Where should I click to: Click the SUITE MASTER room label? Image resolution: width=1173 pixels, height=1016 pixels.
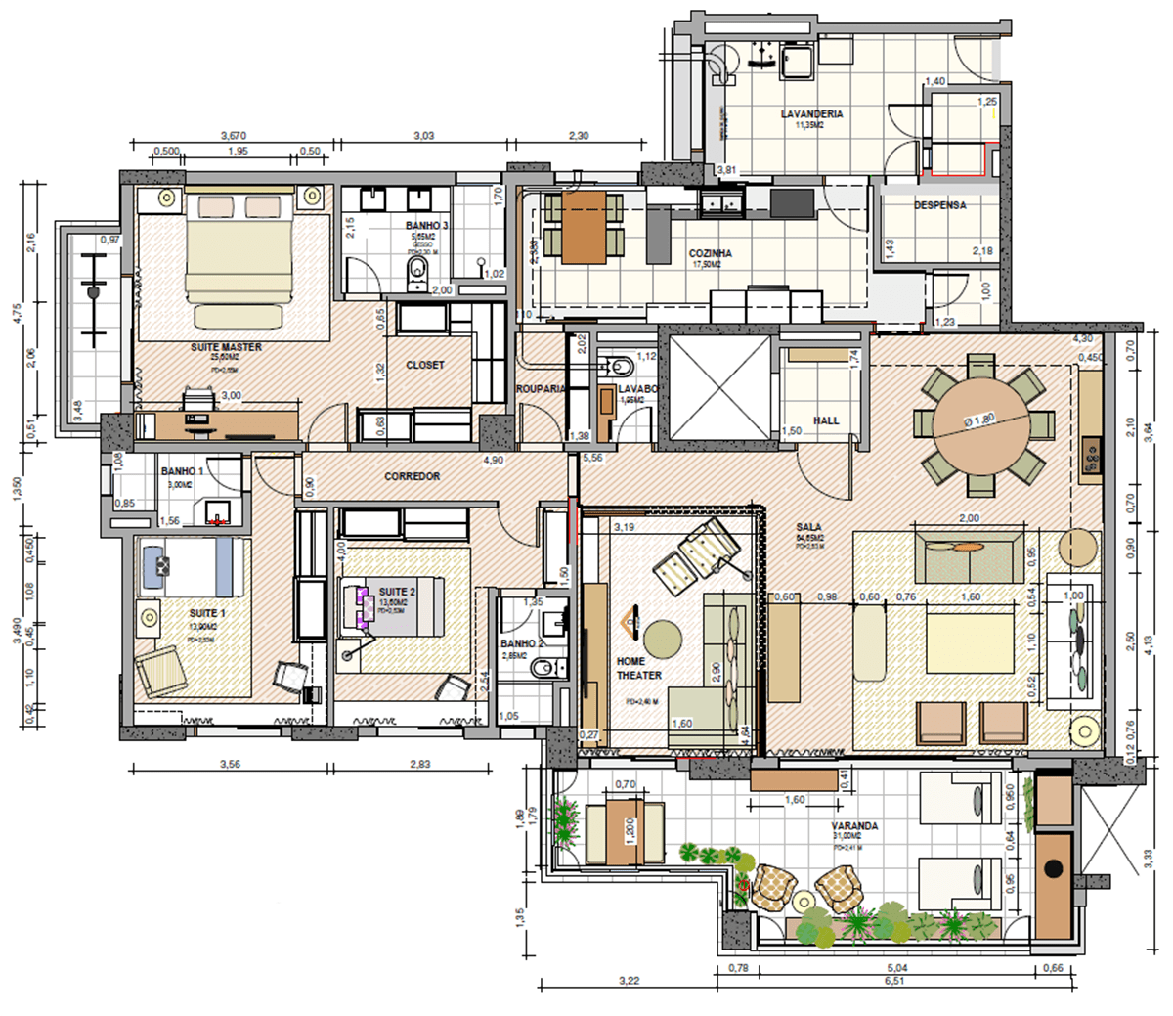tap(226, 347)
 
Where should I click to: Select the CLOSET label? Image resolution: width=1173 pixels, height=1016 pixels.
tap(425, 365)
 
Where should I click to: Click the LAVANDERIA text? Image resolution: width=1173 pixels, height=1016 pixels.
tap(811, 114)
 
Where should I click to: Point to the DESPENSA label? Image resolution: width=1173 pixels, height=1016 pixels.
tap(940, 206)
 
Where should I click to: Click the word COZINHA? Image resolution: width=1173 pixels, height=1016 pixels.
tap(710, 254)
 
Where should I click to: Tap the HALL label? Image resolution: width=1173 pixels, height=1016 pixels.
tap(826, 420)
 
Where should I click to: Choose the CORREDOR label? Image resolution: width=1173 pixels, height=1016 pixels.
tap(412, 476)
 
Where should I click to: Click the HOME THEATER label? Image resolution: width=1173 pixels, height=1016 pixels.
tap(638, 668)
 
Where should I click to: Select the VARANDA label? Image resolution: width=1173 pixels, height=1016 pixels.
tap(854, 826)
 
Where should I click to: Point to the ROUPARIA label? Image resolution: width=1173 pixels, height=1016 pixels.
tap(541, 388)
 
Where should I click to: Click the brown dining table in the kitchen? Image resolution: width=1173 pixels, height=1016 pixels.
tap(585, 226)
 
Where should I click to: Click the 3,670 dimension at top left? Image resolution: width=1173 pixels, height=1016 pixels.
tap(233, 135)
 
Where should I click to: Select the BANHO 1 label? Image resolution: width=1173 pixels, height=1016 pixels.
tap(183, 471)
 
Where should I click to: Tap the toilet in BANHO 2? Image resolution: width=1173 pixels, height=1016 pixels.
tap(543, 670)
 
